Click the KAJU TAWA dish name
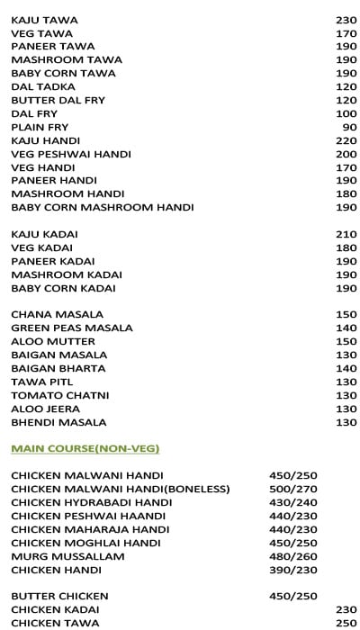tap(44, 20)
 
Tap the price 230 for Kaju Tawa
tap(346, 20)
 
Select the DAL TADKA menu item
tap(43, 87)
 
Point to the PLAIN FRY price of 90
tap(349, 128)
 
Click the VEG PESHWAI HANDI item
tap(71, 154)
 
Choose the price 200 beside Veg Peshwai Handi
tap(346, 154)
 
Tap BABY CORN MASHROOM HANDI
tap(103, 207)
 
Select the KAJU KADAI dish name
tap(43, 234)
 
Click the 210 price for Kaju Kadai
tap(346, 234)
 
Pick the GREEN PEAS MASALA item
tap(72, 328)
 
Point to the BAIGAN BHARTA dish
tap(58, 368)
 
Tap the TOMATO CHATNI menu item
tap(59, 395)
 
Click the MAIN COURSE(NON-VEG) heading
tap(85, 447)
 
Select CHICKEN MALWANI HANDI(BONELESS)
tap(121, 489)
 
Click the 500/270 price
tap(293, 489)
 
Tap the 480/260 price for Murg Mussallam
tap(293, 556)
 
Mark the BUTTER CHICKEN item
tap(59, 596)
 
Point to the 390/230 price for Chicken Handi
tap(293, 570)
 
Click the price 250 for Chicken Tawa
tap(346, 623)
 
